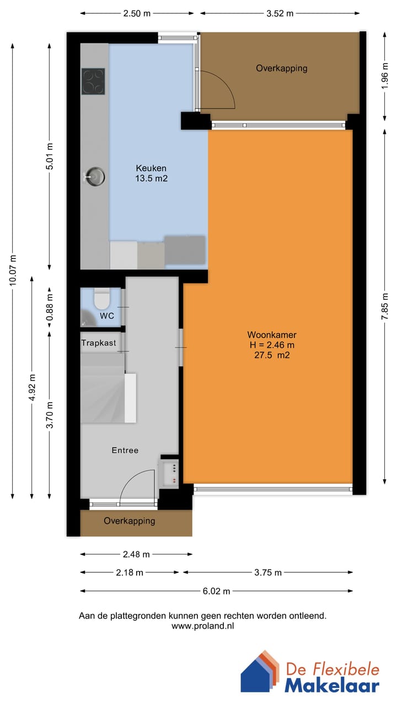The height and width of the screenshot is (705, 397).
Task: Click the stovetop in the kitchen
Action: point(93,81)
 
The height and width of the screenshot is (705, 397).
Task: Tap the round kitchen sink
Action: point(95,176)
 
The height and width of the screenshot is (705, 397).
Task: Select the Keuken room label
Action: point(151,168)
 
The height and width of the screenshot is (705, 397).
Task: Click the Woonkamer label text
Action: point(272,335)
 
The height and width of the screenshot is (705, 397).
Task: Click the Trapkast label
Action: point(99,343)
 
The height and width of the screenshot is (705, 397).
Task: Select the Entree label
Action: point(125,450)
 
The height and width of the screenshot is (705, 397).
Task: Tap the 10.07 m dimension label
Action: point(13,270)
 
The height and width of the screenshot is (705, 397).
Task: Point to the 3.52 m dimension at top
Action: point(280,13)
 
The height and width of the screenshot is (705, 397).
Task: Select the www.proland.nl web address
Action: point(202,626)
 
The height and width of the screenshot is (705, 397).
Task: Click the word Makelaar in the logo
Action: point(332,685)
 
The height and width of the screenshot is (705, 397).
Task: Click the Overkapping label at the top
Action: point(281,68)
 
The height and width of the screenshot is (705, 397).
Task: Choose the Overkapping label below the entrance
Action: point(130,520)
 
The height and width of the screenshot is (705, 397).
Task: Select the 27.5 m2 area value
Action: point(272,355)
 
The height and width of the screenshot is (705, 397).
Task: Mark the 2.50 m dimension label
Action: point(136,13)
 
